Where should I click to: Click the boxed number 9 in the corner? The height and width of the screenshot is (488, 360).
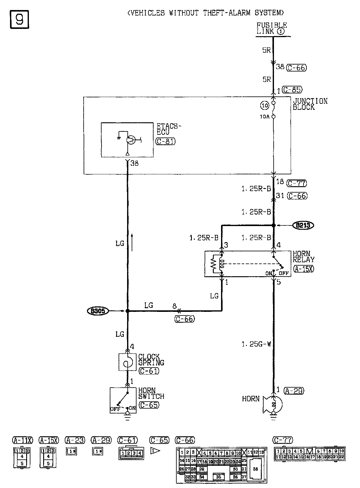click(20, 19)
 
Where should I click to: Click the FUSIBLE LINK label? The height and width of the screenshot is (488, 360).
click(272, 28)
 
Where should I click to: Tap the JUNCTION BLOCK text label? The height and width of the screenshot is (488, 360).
click(310, 104)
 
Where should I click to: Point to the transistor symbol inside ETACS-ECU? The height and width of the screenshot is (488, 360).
click(130, 140)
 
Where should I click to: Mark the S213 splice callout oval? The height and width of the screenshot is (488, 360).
click(303, 225)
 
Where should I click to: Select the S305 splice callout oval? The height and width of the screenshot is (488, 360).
click(98, 311)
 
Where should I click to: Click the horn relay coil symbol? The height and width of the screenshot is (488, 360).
click(222, 263)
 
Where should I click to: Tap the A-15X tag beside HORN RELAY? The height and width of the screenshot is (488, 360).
click(304, 269)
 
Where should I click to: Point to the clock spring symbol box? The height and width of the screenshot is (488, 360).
click(127, 362)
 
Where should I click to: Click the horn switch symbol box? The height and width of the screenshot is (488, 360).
click(123, 400)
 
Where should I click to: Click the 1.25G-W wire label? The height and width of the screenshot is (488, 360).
click(256, 344)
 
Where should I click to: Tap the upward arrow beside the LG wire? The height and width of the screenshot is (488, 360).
click(132, 242)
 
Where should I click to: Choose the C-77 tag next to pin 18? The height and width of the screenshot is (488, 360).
click(296, 183)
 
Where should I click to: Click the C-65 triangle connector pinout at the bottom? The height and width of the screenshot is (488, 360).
click(155, 451)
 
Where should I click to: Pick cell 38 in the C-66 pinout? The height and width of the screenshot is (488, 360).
click(255, 469)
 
